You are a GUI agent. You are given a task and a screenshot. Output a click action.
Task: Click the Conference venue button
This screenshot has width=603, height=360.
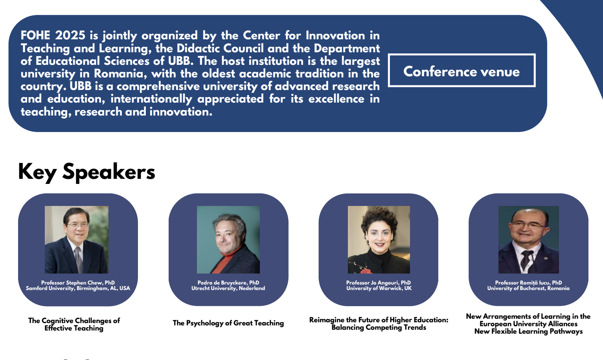461,70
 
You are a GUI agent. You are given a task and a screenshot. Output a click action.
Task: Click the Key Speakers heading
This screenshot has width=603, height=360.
86,172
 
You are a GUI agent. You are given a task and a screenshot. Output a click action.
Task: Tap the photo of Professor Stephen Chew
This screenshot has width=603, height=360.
77,240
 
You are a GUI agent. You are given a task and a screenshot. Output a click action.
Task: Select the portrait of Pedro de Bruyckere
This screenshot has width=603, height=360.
228,240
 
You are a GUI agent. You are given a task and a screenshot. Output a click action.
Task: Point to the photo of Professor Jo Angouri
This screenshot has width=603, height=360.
379,240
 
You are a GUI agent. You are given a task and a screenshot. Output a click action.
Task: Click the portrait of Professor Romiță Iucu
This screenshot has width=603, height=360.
528,240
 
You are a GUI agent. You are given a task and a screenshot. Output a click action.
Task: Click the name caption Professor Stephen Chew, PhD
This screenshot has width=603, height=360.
78,283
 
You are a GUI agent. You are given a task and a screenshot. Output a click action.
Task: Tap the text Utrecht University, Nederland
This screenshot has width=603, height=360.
228,288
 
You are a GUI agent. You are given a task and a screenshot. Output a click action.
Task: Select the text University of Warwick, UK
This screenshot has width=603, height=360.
379,288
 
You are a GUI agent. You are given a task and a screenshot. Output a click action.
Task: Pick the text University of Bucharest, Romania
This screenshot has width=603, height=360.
528,288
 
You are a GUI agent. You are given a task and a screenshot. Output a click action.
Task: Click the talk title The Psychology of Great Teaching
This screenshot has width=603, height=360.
228,323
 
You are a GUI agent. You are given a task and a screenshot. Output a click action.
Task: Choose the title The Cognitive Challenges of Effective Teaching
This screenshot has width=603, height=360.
74,324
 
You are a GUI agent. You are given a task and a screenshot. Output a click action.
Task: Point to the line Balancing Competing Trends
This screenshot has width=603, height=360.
379,327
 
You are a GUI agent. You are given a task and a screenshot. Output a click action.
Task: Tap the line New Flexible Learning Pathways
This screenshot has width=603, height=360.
528,331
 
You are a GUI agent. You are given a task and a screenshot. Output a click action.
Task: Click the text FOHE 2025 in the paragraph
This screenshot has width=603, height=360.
53,35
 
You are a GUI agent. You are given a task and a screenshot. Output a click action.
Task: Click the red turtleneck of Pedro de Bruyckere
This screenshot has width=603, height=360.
227,261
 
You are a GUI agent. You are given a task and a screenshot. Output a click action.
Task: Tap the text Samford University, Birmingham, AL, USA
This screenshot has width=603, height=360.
78,288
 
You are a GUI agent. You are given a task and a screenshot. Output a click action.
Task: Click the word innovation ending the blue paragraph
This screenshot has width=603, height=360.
181,112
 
